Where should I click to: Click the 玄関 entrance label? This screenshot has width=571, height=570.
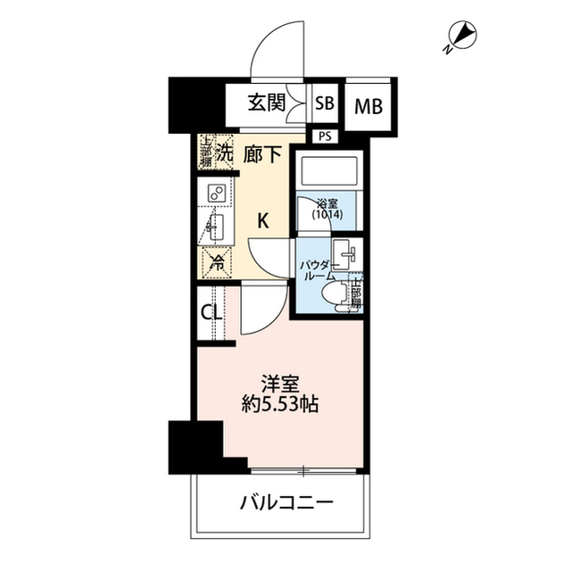pyautogui.click(x=267, y=103)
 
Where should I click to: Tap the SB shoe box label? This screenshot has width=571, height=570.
pyautogui.click(x=325, y=103)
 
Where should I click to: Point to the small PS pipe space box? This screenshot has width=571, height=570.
pyautogui.click(x=323, y=136)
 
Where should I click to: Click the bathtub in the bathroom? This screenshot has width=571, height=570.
pyautogui.click(x=327, y=169)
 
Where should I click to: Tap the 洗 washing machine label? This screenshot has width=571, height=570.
pyautogui.click(x=225, y=153)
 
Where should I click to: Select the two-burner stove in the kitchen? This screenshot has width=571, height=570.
pyautogui.click(x=217, y=193)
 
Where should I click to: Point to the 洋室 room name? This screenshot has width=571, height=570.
pyautogui.click(x=280, y=384)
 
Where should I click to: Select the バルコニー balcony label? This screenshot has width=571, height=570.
pyautogui.click(x=286, y=502)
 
